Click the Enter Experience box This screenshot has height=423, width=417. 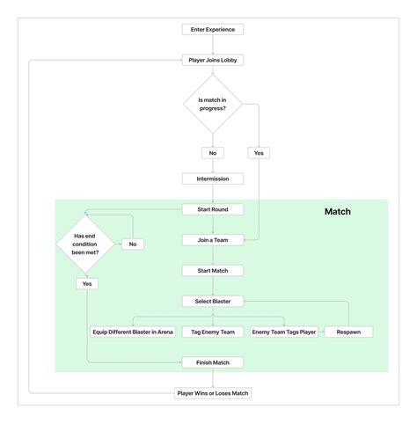pyautogui.click(x=212, y=29)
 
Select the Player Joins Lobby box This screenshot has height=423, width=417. pyautogui.click(x=212, y=60)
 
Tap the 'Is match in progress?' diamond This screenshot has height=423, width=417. pyautogui.click(x=212, y=104)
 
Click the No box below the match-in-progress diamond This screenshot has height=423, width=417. pyautogui.click(x=212, y=152)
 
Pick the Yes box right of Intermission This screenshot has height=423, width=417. pyautogui.click(x=259, y=152)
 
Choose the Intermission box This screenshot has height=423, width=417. pyautogui.click(x=212, y=179)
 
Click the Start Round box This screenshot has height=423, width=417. pyautogui.click(x=212, y=209)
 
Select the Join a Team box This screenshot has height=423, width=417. pyautogui.click(x=212, y=239)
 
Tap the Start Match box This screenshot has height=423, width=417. pyautogui.click(x=212, y=270)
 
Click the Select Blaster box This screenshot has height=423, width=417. pyautogui.click(x=212, y=301)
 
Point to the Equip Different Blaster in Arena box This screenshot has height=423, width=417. pyautogui.click(x=133, y=332)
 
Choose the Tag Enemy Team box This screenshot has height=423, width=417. pyautogui.click(x=212, y=332)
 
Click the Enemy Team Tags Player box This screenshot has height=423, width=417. pyautogui.click(x=284, y=332)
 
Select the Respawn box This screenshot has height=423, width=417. pyautogui.click(x=348, y=332)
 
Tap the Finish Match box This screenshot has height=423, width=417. pyautogui.click(x=212, y=362)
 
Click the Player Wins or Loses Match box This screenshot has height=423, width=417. pyautogui.click(x=212, y=392)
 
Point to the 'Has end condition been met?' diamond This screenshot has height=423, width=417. pyautogui.click(x=86, y=244)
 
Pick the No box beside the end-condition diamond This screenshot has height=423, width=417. pyautogui.click(x=133, y=244)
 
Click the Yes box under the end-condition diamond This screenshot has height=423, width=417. pyautogui.click(x=86, y=284)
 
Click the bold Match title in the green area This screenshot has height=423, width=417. pyautogui.click(x=338, y=212)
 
